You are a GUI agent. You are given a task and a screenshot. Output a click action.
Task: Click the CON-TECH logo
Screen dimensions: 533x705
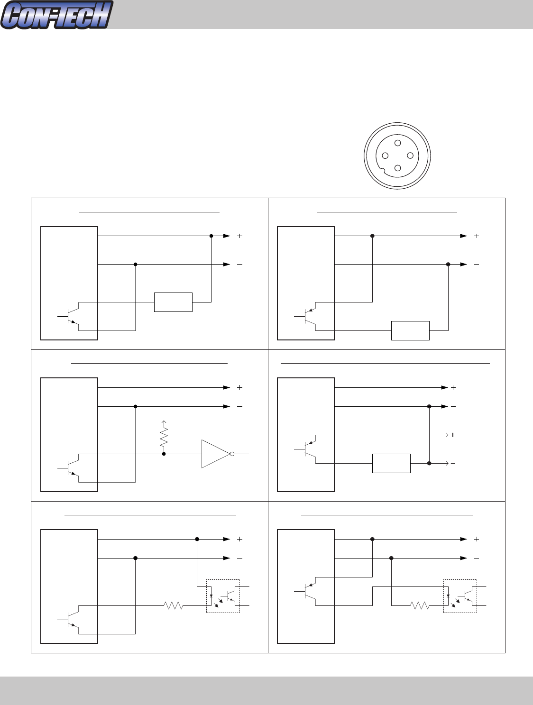tap(57, 15)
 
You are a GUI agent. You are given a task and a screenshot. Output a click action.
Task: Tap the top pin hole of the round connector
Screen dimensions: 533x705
tap(398, 143)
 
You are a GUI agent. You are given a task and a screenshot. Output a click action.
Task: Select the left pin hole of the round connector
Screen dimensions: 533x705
tap(385, 156)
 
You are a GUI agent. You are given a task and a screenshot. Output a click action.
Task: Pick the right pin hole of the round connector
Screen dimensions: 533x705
tap(410, 156)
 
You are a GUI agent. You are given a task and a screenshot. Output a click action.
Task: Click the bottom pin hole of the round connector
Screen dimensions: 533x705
tap(398, 168)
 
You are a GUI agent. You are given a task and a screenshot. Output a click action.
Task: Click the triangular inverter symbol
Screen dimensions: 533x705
tap(215, 454)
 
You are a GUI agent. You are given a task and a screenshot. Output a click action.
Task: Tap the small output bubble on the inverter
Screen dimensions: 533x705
tap(232, 454)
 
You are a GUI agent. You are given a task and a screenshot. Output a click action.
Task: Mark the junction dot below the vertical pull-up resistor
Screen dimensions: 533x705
tap(164, 454)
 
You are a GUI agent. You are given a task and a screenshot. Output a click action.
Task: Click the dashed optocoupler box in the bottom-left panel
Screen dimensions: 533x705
tap(223, 596)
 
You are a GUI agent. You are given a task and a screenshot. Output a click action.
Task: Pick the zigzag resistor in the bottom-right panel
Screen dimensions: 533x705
tap(420, 605)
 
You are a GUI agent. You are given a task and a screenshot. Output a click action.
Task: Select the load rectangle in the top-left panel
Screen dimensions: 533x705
tap(173, 302)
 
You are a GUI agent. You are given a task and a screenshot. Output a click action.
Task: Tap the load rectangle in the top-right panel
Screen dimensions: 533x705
tap(410, 330)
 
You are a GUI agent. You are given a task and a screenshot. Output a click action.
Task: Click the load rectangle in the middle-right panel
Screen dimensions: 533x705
tap(391, 463)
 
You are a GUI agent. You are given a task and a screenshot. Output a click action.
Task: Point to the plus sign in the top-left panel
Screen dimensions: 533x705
tap(239, 236)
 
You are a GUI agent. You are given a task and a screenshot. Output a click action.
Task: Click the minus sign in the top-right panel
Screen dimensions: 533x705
tap(477, 264)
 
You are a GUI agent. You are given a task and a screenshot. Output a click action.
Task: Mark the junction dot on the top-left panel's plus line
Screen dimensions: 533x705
tap(211, 236)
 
